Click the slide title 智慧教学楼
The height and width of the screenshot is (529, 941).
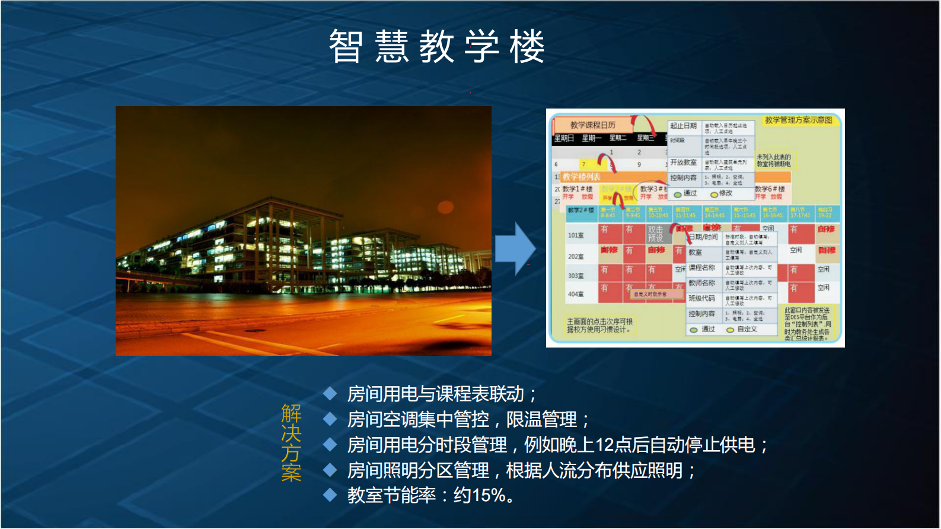click(437, 47)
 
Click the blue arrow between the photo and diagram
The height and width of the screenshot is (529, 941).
click(515, 249)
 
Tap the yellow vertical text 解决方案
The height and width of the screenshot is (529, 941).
click(291, 442)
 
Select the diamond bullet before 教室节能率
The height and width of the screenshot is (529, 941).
click(330, 495)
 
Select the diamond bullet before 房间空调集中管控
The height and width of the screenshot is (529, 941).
click(330, 419)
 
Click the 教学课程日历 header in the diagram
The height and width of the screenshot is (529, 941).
click(592, 125)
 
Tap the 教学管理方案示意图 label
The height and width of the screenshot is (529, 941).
click(798, 120)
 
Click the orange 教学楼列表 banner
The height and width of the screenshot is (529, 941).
click(582, 177)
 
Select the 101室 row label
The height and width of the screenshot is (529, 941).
click(576, 235)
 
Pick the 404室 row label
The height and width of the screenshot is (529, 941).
click(576, 294)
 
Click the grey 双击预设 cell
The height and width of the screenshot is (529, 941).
click(655, 234)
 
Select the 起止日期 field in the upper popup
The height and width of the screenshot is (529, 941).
click(683, 126)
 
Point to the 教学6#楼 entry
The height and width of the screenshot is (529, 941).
click(770, 189)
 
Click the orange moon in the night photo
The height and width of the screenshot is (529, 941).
click(445, 207)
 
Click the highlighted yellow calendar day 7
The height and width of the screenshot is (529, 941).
click(583, 164)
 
